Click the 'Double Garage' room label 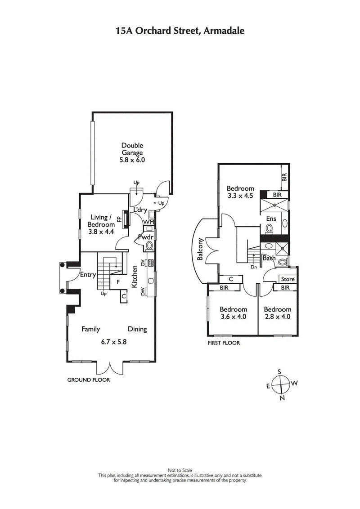pos(132,149)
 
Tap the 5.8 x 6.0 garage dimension pos(132,160)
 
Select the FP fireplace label pos(119,219)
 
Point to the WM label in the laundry pos(148,222)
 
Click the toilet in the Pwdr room pos(149,246)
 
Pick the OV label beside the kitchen pos(143,263)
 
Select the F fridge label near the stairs pos(118,282)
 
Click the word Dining pos(137,329)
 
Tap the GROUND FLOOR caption pos(89,380)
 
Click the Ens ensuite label pos(271,218)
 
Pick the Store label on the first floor pos(288,279)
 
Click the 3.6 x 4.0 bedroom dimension pos(233,316)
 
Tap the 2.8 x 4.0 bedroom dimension pos(277,316)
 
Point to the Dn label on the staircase pos(254,266)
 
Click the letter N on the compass pos(282,398)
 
